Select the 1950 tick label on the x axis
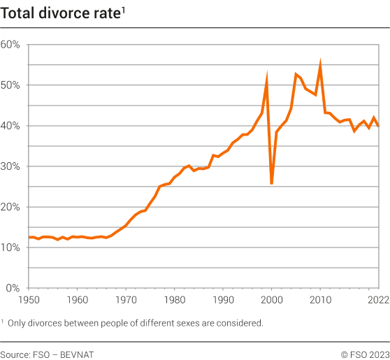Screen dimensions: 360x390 coord(29,299)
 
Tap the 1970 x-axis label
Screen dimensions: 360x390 coord(126,299)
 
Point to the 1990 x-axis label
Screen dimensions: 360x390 coord(223,299)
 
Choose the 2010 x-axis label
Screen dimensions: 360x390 coord(320,299)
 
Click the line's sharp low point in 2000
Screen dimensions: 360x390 coord(271,183)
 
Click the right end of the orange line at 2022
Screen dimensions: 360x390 coord(378,126)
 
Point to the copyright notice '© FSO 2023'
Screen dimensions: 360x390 coord(365,354)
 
